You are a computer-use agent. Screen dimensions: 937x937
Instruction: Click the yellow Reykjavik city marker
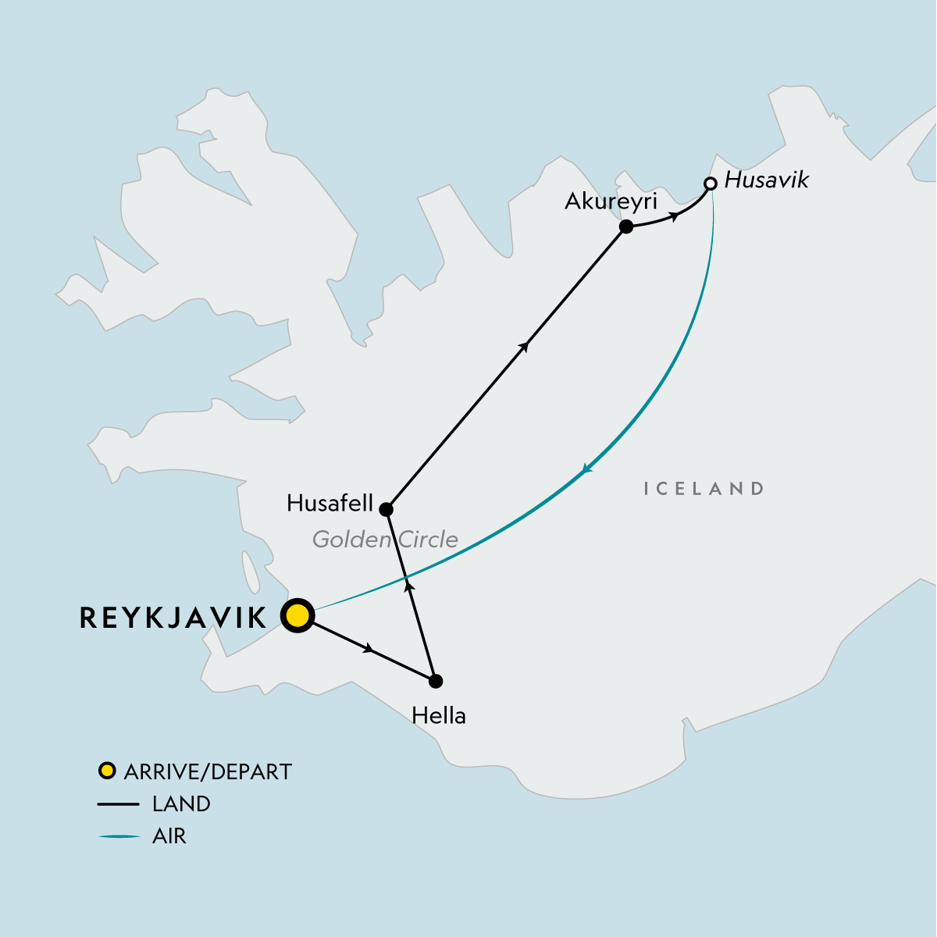click(x=297, y=616)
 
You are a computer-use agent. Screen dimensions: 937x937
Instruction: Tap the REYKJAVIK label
click(x=173, y=618)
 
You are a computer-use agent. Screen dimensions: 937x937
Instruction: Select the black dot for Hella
click(x=436, y=681)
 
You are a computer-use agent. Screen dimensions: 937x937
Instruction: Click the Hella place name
click(x=439, y=715)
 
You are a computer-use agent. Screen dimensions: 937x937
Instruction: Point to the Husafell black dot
click(x=385, y=510)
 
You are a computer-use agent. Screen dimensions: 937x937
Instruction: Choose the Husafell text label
click(x=330, y=503)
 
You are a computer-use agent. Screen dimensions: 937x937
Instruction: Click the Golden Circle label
click(x=385, y=540)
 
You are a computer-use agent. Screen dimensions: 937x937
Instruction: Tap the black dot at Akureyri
click(x=625, y=227)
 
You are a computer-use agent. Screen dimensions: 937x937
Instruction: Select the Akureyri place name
click(x=611, y=201)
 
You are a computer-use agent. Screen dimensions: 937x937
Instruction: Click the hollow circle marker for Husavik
click(x=710, y=184)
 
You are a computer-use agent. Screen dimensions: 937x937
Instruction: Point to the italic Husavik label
click(x=767, y=180)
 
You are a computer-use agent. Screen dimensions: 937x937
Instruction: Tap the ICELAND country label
click(x=704, y=489)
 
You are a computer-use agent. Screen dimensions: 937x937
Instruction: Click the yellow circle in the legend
click(x=107, y=771)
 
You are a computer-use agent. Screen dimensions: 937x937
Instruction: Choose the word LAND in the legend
click(x=181, y=803)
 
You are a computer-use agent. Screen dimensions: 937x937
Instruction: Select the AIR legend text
click(x=169, y=836)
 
